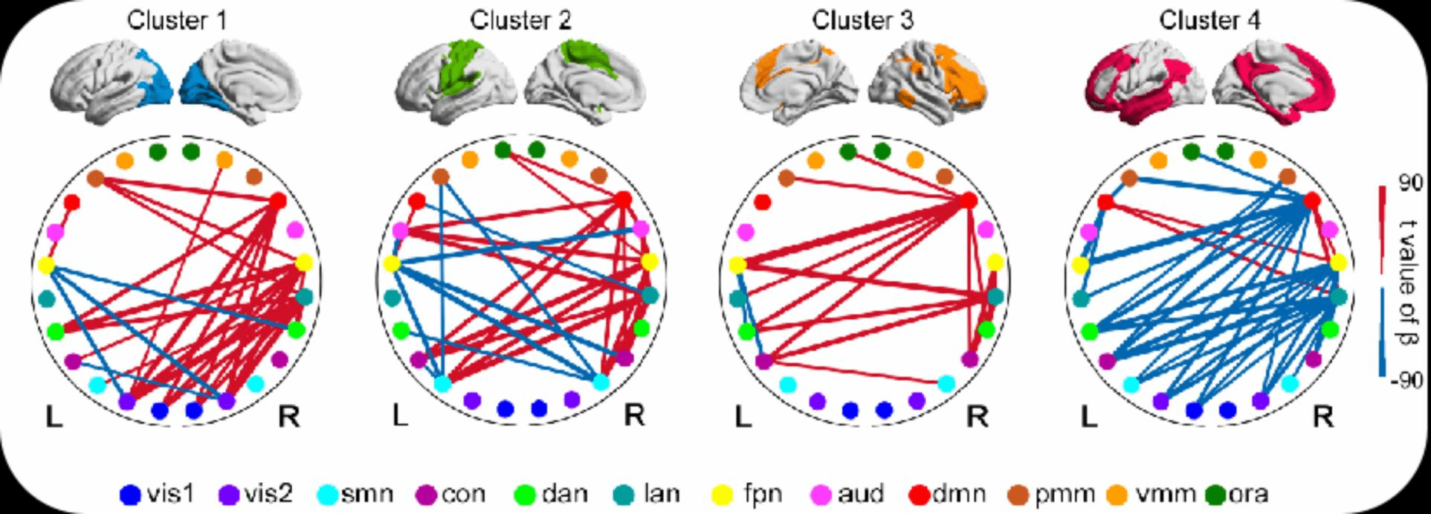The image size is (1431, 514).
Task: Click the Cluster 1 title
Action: (x=177, y=21)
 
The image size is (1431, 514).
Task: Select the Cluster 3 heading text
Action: (x=862, y=21)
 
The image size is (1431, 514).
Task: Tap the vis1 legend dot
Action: (x=130, y=494)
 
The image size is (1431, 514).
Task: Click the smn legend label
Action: (x=366, y=494)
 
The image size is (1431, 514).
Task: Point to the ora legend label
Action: (x=1249, y=494)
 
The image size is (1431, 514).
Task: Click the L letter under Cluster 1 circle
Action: (x=54, y=417)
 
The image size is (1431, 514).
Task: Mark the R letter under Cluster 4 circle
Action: (x=1322, y=417)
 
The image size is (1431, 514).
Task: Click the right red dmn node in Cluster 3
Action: (x=968, y=200)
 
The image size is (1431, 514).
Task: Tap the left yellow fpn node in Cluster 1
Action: (x=46, y=265)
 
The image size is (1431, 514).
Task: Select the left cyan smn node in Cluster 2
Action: (x=442, y=384)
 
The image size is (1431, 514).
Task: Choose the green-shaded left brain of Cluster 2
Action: (x=453, y=82)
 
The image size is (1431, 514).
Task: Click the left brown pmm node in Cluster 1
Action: (x=95, y=179)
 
